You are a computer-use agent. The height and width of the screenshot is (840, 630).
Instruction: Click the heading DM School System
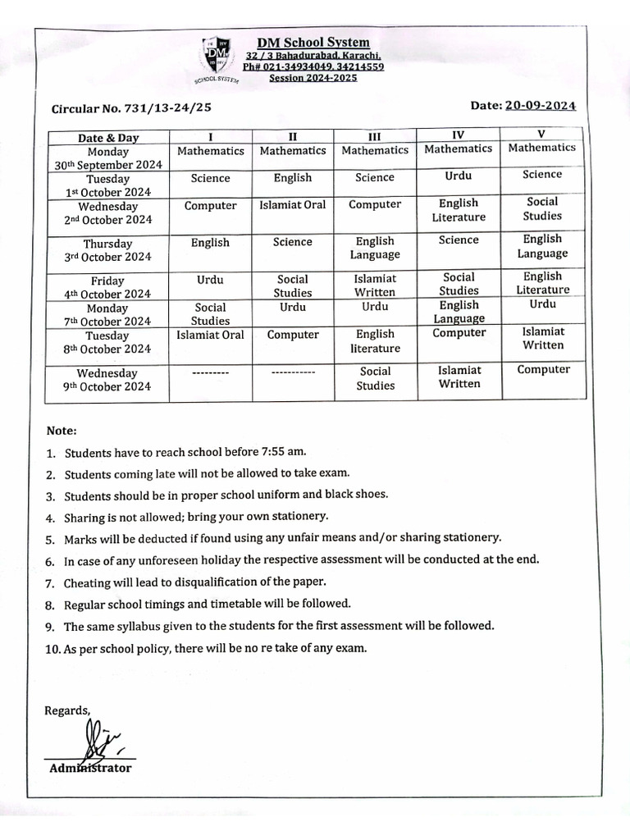313,43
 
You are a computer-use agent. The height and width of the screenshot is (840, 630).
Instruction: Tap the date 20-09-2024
541,105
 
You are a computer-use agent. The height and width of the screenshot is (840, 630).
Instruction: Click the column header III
375,136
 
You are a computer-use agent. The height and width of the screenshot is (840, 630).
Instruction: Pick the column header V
541,133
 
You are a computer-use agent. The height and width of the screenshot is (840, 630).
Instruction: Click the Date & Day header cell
108,138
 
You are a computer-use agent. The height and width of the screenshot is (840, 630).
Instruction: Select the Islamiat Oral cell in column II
293,205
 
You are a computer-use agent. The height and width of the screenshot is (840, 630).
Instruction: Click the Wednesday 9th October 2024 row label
107,380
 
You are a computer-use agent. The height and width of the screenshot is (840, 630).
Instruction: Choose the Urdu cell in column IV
458,176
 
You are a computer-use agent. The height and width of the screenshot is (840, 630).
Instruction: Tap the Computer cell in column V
543,370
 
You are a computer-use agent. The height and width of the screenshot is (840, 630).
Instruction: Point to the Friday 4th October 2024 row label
107,286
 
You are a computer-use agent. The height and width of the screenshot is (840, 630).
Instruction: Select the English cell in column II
293,178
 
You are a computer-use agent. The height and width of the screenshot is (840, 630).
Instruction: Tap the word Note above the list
62,431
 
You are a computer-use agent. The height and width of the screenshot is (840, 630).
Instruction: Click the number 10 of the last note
52,648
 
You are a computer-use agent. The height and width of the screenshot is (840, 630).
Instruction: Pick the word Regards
67,710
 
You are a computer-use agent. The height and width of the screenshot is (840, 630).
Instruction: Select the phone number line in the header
313,67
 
